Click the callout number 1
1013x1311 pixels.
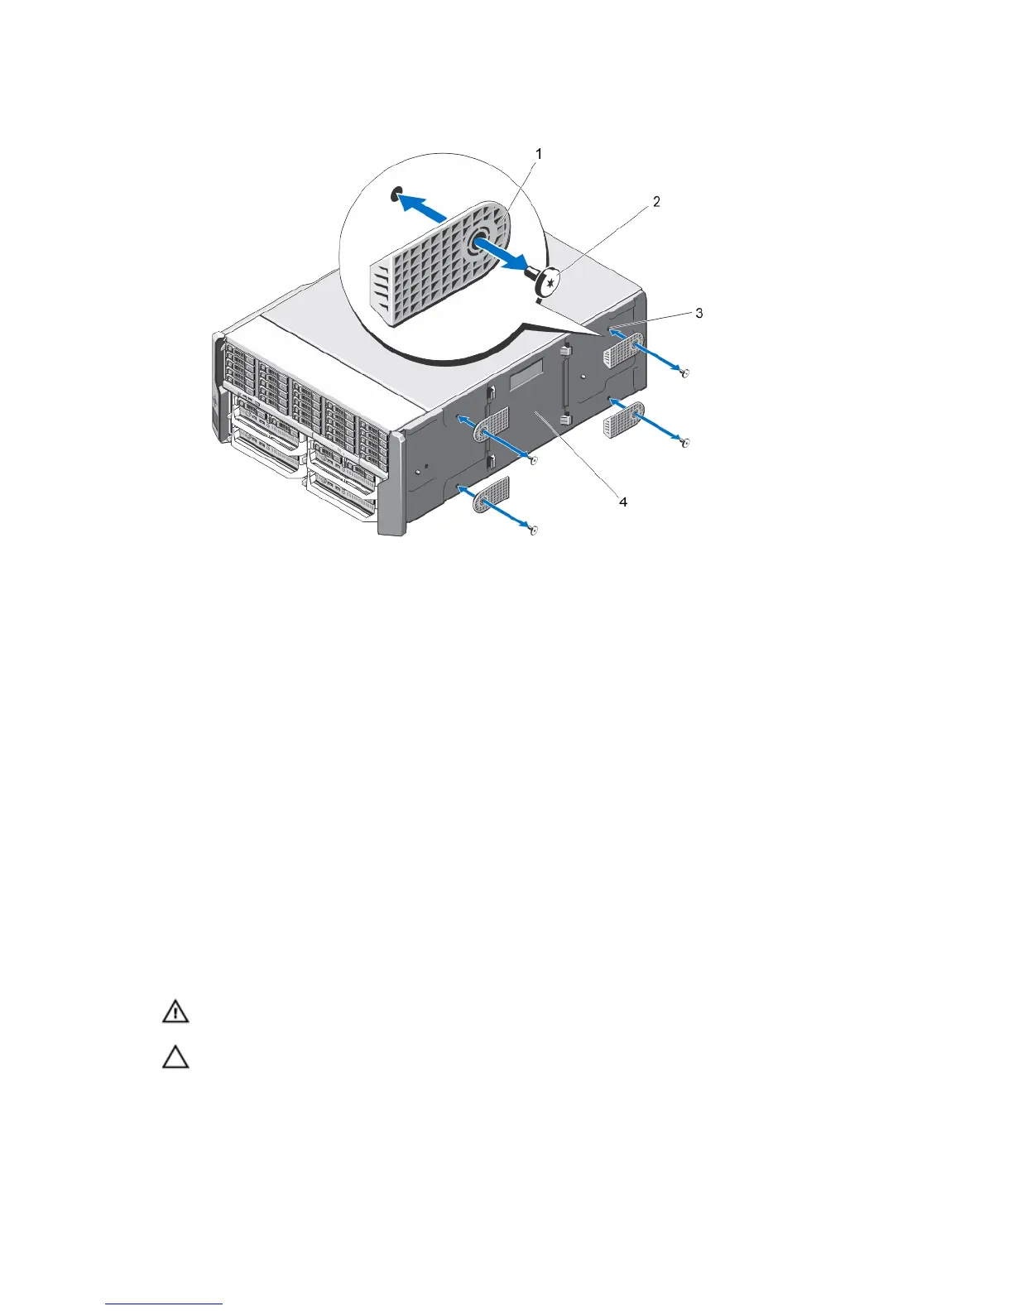coord(539,154)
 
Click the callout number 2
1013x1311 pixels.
coord(656,201)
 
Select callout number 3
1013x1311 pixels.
coord(699,314)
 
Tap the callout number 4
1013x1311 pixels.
coord(622,502)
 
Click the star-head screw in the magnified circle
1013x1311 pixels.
coord(547,284)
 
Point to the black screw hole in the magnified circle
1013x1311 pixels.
coord(397,195)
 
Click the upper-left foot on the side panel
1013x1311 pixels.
coord(492,430)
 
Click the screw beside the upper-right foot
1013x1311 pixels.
coord(684,374)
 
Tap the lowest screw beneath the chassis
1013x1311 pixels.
coord(535,530)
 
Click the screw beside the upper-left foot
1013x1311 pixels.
coord(535,459)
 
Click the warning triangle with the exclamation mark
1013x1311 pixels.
coord(175,1013)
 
